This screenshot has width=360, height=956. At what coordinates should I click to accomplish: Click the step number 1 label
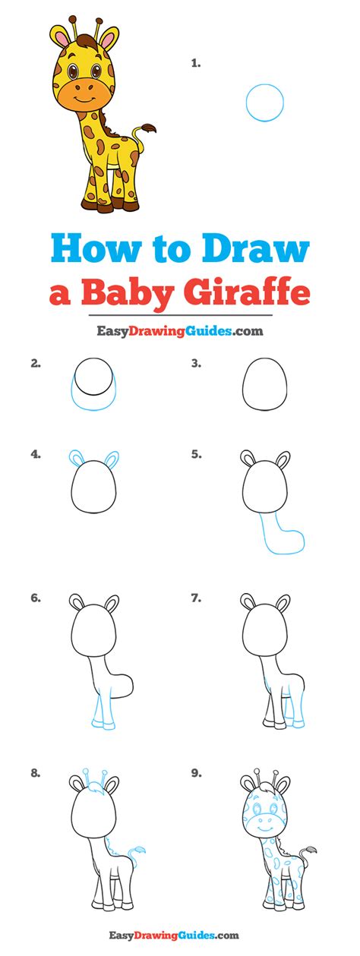(196, 64)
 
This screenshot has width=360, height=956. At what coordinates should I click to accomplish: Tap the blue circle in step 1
(246, 103)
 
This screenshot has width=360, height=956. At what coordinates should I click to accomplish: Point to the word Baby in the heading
(128, 295)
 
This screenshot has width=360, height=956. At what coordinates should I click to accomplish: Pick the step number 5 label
(197, 455)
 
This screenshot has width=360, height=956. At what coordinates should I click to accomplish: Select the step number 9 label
(197, 773)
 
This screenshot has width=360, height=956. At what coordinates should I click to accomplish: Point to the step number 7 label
(197, 598)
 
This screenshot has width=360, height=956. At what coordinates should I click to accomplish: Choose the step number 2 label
(36, 364)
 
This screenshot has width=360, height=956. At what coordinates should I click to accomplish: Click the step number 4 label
(36, 455)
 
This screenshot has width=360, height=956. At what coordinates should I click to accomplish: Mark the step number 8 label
(36, 773)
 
